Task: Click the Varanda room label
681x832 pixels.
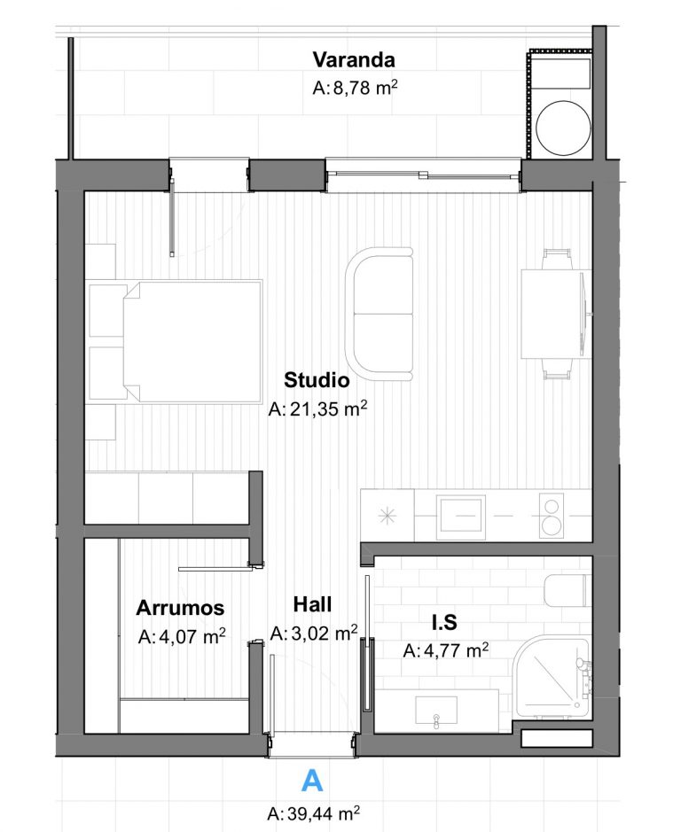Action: (354, 59)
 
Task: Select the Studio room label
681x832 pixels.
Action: (317, 380)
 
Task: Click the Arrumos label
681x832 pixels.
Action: (180, 608)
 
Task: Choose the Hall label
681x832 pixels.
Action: (312, 604)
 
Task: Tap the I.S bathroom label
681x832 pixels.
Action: (444, 622)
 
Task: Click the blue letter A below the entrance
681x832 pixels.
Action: (312, 781)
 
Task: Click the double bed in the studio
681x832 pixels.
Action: (192, 340)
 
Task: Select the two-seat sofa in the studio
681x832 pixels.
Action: (380, 314)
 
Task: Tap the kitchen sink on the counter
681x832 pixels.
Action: (460, 516)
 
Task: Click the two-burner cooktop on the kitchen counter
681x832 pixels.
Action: (552, 516)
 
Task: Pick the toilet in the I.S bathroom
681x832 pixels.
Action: (567, 590)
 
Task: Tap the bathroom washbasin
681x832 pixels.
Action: (436, 711)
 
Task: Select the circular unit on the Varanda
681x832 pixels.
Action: (563, 128)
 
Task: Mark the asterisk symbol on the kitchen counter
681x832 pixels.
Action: (387, 516)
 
